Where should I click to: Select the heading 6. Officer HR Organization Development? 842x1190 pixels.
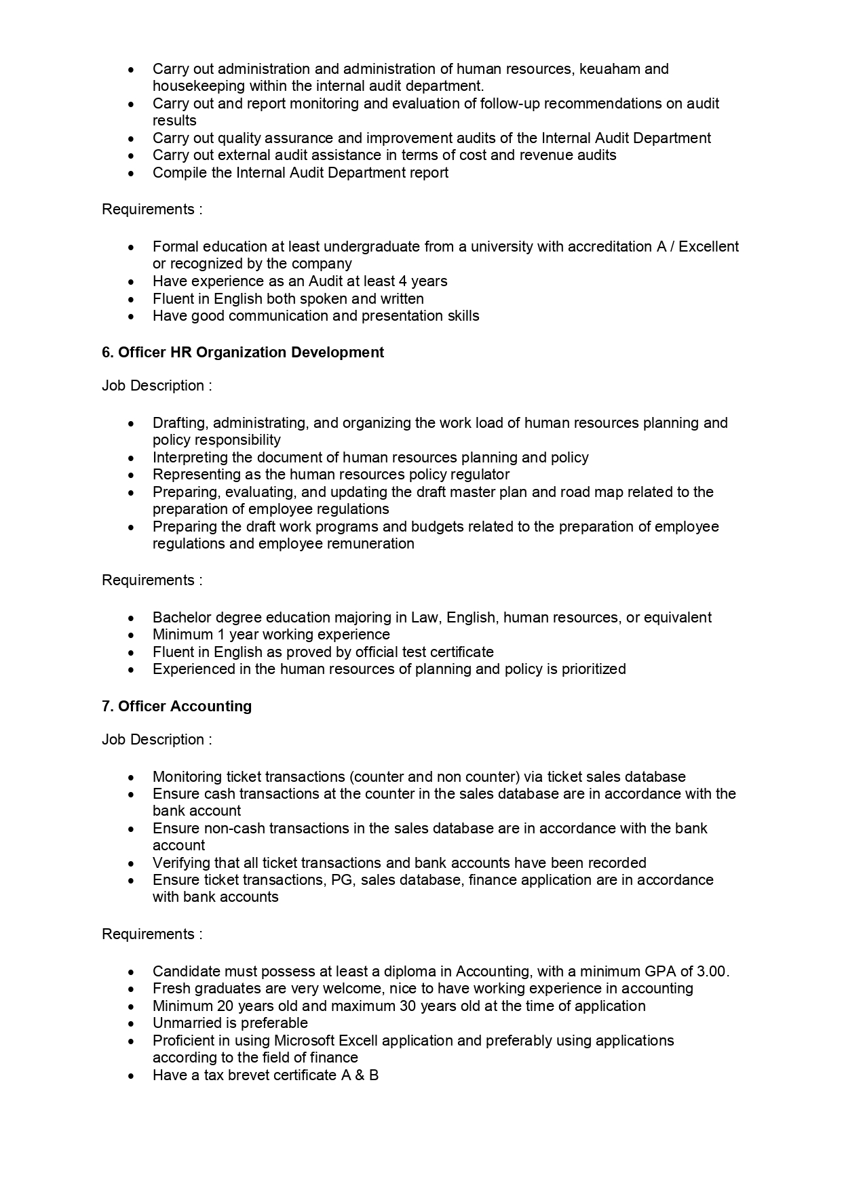pos(243,353)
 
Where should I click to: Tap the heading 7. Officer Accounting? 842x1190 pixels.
pos(176,707)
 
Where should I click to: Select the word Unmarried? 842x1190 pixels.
pos(183,1023)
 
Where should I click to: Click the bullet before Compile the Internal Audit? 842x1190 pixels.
pos(132,174)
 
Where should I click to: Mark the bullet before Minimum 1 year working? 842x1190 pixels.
pos(132,635)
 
